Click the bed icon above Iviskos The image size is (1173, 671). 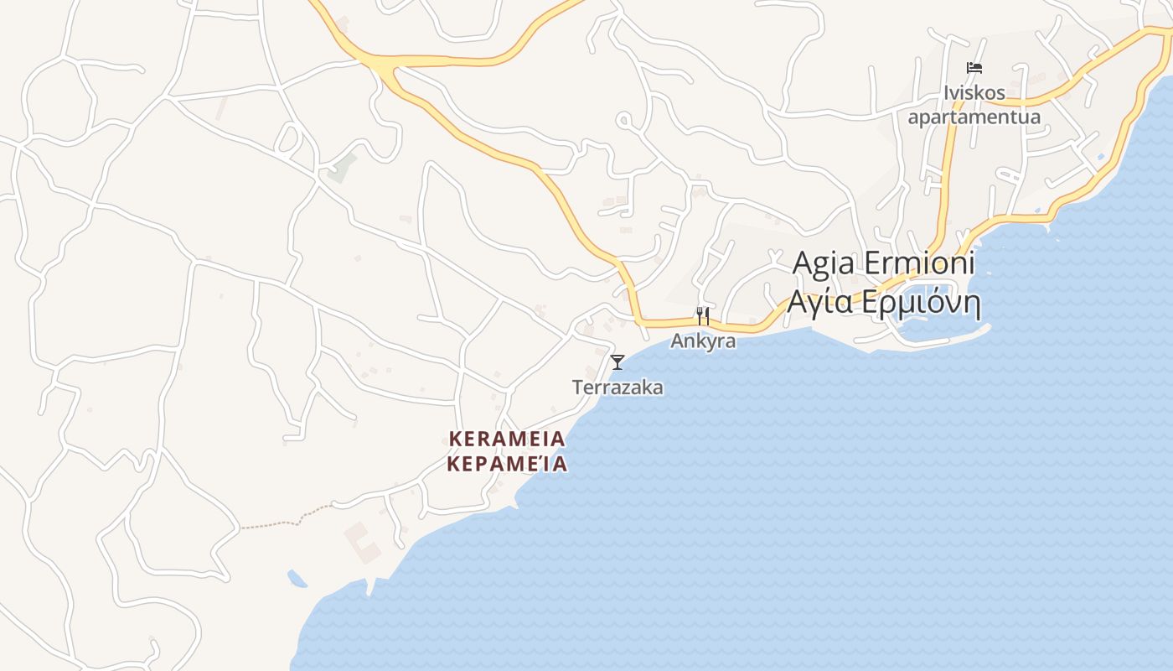(974, 68)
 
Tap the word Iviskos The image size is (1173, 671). (974, 93)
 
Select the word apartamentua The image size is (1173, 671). (974, 117)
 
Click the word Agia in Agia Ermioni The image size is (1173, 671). (824, 263)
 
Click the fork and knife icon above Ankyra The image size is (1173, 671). (703, 316)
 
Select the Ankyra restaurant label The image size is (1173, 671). (703, 341)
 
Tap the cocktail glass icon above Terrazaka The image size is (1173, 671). (618, 362)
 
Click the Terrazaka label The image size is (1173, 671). (618, 388)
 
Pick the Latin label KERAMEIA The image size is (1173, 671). (507, 439)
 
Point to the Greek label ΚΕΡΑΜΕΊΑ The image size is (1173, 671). (507, 464)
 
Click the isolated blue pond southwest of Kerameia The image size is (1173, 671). (297, 578)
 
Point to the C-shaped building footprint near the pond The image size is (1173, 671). (362, 543)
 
